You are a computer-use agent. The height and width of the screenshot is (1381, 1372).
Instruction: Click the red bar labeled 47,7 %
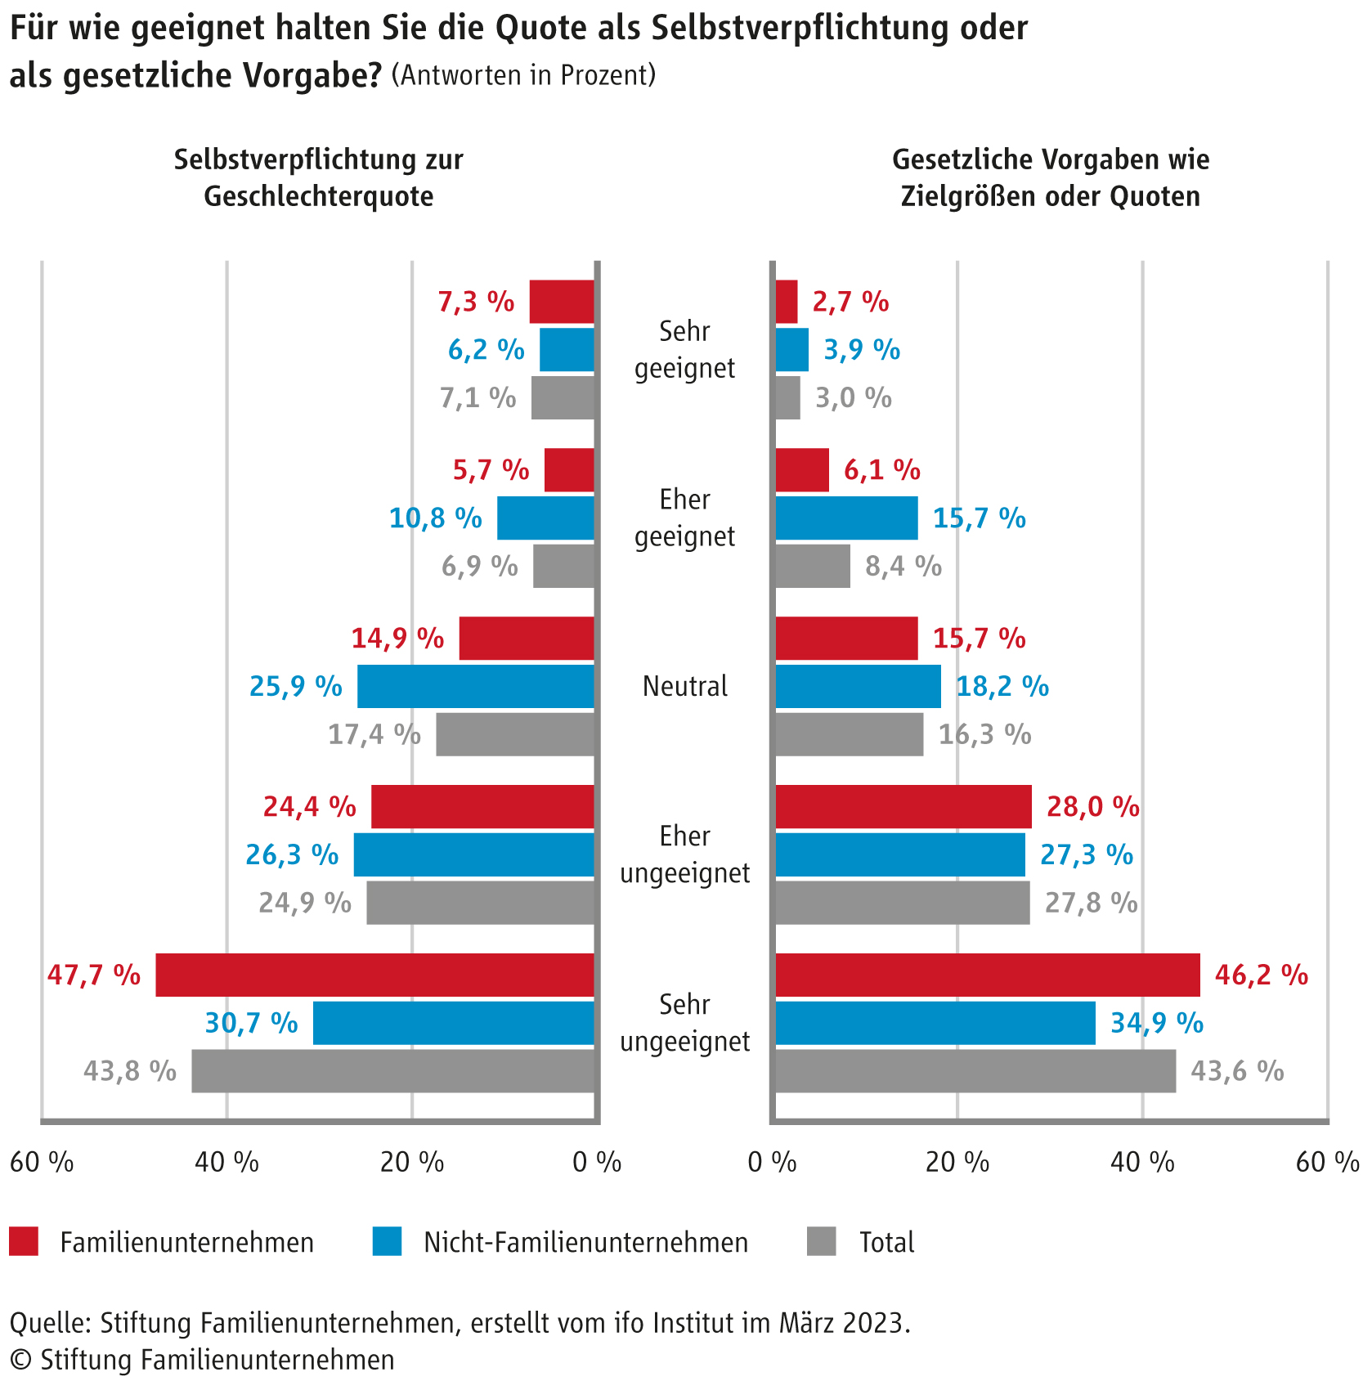[374, 975]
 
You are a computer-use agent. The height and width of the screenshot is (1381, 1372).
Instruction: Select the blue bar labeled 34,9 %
[935, 1023]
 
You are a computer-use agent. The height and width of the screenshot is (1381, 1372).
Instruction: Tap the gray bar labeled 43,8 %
[392, 1071]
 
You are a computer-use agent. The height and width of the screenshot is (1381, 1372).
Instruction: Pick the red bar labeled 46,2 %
[988, 975]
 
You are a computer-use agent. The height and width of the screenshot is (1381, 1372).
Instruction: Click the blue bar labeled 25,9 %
[476, 686]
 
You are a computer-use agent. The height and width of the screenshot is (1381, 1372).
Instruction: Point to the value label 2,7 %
[850, 302]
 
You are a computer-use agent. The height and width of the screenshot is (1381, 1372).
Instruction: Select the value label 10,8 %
[435, 518]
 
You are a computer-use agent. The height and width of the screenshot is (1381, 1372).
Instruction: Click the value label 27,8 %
[1091, 903]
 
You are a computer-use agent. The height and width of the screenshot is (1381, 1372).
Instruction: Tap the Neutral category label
[685, 686]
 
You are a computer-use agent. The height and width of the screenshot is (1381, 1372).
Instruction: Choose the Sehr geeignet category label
[685, 350]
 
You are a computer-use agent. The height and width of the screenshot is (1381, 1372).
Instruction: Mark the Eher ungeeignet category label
[685, 854]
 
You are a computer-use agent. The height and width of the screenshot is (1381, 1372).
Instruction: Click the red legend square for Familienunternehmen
[24, 1241]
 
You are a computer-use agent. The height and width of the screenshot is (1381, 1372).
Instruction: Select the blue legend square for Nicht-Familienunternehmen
[387, 1241]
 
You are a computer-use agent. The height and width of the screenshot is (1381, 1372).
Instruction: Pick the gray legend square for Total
[821, 1241]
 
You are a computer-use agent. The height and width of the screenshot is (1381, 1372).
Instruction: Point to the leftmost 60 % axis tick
[42, 1162]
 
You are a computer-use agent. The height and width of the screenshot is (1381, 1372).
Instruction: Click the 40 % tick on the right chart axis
[1142, 1162]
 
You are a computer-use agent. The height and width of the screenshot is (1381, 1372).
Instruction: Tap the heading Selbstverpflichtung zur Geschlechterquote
[319, 177]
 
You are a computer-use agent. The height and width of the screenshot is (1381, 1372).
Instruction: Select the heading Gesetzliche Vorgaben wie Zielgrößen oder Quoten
[1051, 177]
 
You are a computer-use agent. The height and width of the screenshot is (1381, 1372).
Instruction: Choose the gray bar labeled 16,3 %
[850, 734]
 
